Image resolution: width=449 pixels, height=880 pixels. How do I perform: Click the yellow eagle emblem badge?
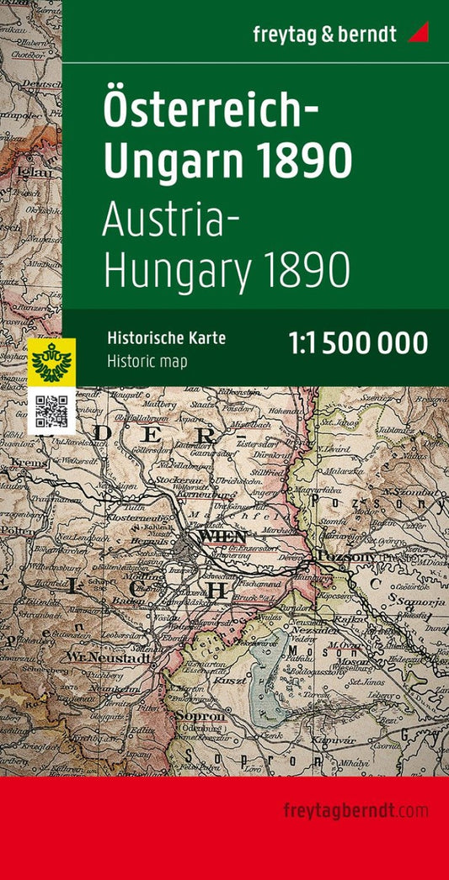51,361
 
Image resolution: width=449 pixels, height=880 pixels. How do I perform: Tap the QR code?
51,410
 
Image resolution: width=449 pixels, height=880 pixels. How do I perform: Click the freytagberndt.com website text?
356,811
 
